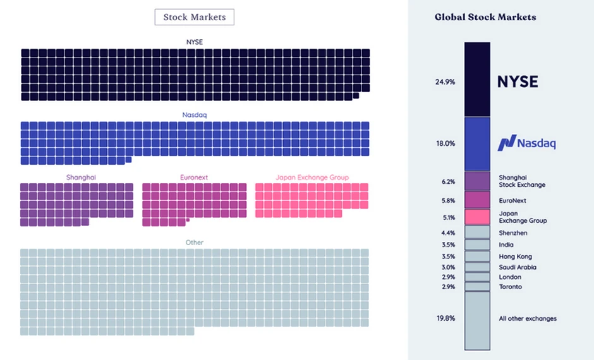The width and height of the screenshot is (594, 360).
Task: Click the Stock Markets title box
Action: click(194, 17)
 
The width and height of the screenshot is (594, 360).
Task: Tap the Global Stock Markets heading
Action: click(485, 17)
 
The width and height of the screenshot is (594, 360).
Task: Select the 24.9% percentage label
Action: click(445, 82)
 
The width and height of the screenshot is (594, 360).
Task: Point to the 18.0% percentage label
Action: click(445, 143)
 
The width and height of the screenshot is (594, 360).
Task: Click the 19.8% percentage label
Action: click(445, 318)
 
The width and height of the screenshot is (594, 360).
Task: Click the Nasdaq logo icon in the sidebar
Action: click(506, 143)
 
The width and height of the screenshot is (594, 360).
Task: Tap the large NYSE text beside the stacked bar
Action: click(517, 81)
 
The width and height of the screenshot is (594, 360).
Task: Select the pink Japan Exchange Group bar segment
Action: click(477, 217)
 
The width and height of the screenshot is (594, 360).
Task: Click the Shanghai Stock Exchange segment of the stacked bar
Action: click(477, 181)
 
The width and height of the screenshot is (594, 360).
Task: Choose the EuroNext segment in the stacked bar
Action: click(477, 200)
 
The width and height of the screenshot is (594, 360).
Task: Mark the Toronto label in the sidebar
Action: click(511, 287)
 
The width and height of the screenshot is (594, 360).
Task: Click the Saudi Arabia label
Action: click(518, 267)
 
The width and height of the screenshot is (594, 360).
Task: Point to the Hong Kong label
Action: click(515, 256)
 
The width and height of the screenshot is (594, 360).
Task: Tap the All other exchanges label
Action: click(528, 318)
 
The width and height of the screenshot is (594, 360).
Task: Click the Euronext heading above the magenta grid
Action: click(194, 177)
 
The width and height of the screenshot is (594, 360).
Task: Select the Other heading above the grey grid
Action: click(195, 243)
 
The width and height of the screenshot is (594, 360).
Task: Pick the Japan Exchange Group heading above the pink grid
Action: click(312, 177)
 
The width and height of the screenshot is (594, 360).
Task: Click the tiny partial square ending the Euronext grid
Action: click(188, 220)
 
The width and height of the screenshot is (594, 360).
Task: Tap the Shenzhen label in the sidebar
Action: click(513, 233)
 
